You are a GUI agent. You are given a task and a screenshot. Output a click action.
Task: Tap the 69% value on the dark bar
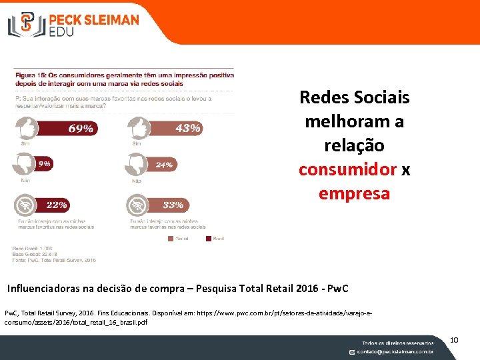click(79, 128)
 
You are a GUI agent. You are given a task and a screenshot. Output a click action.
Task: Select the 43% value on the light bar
click(187, 128)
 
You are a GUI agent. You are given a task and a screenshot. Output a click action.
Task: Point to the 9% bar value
click(44, 163)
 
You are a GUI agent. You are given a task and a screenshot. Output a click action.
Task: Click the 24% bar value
click(164, 164)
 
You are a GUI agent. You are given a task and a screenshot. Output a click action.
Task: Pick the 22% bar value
click(57, 205)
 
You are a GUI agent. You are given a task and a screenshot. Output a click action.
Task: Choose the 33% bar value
click(173, 205)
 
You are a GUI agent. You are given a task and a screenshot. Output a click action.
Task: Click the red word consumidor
click(347, 169)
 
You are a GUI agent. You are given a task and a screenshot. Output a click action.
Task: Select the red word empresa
click(354, 193)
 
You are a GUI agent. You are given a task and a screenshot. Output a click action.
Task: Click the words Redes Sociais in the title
click(354, 97)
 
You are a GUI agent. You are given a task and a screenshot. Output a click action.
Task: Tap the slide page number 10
click(454, 341)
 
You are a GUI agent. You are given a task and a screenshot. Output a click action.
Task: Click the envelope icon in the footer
click(353, 351)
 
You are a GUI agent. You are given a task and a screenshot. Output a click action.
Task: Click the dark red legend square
click(208, 237)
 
